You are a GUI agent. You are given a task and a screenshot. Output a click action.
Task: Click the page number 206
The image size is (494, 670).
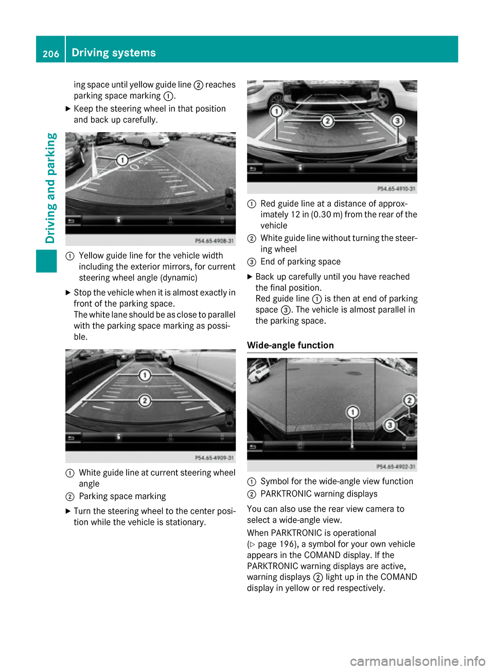50,54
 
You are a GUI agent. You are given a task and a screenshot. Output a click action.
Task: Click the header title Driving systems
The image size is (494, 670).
114,52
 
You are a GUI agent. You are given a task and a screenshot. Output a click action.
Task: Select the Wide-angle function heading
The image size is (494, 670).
290,345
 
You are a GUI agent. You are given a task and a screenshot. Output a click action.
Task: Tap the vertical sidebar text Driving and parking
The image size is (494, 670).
50,188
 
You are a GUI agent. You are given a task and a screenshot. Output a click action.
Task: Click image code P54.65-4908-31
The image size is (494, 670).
214,241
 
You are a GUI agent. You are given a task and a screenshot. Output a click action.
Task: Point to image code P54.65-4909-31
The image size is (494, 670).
214,458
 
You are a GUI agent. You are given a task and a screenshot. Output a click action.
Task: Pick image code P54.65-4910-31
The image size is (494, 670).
396,189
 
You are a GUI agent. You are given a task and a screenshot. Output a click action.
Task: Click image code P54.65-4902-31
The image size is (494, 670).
396,467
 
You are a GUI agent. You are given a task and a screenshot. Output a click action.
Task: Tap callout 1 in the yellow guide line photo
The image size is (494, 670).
122,160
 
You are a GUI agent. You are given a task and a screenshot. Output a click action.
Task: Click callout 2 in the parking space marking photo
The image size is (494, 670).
145,400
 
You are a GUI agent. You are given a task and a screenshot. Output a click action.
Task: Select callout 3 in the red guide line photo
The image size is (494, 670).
397,120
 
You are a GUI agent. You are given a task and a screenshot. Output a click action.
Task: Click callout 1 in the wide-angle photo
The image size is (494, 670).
352,412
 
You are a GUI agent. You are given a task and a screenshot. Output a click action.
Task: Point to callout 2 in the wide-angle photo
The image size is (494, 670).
409,400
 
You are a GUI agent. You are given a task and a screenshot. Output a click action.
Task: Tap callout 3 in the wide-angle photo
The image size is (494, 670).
390,425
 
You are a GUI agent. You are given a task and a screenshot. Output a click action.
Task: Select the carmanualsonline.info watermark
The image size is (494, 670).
417,661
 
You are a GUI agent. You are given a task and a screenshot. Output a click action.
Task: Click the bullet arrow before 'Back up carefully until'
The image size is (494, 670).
250,277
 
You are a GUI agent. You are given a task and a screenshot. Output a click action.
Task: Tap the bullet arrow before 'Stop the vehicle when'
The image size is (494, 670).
68,293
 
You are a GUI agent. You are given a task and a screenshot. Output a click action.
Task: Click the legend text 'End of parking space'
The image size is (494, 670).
301,262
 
